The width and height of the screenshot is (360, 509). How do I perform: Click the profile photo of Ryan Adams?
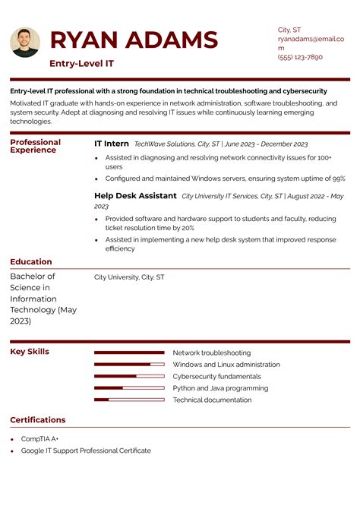[x=25, y=43]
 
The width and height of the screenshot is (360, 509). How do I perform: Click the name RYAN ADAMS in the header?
[x=134, y=40]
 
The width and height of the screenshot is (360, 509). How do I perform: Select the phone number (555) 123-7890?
[x=300, y=57]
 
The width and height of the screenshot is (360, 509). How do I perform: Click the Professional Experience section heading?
[x=35, y=146]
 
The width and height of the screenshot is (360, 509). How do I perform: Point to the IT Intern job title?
[x=112, y=143]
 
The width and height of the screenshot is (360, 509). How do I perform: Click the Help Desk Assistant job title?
[x=135, y=195]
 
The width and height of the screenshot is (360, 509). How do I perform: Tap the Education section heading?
[x=31, y=262]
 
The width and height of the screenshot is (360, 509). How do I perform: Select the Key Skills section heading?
[x=30, y=352]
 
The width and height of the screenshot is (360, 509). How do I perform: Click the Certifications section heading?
[x=38, y=420]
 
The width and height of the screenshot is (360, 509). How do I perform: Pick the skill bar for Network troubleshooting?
[x=129, y=353]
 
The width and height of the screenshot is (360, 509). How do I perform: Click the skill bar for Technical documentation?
[x=129, y=400]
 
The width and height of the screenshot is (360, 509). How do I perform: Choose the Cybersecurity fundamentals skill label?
[x=216, y=376]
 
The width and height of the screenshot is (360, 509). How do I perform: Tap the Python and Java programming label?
[x=220, y=388]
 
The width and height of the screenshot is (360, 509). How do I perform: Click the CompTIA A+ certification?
[x=40, y=439]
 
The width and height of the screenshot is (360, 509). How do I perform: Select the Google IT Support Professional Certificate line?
[x=86, y=451]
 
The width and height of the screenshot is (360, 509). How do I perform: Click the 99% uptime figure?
[x=338, y=179]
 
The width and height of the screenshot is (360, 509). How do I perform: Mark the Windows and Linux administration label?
[x=226, y=365]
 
